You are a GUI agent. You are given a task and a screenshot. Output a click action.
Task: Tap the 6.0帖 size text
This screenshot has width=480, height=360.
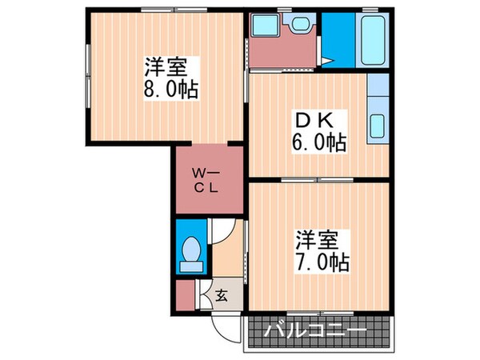(x=319, y=144)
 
